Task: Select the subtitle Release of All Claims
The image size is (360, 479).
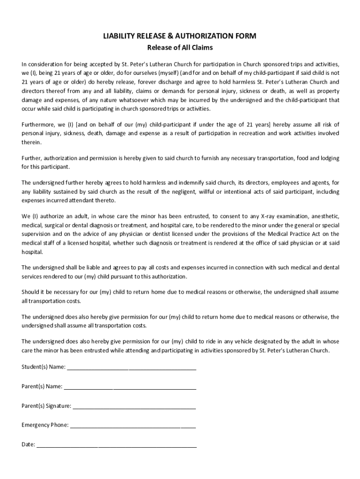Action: click(x=180, y=47)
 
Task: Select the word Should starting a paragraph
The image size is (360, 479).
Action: click(x=31, y=292)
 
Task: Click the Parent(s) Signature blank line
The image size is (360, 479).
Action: click(x=134, y=406)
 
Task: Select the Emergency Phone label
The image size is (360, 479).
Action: click(x=45, y=425)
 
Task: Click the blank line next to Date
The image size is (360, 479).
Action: click(x=116, y=445)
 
